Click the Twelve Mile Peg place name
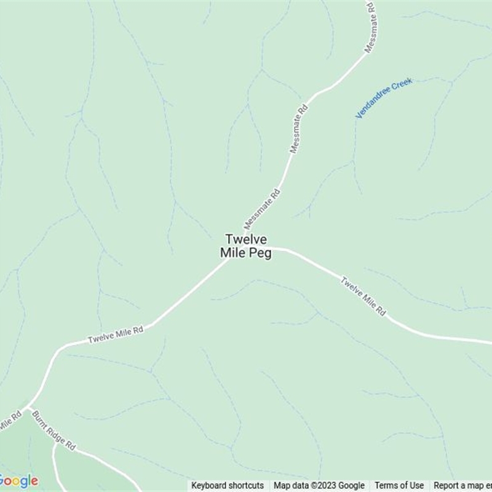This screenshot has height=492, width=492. coord(246,246)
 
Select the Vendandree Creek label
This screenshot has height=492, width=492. coord(384,98)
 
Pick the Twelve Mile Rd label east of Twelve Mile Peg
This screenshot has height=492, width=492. coord(363,297)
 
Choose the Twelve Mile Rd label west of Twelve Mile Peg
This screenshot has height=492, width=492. coord(116,335)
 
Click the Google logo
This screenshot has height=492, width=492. coord(18,480)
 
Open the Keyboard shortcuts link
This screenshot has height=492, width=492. coord(228,485)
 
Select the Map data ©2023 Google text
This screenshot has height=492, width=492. coord(319,485)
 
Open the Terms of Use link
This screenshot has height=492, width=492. coord(399,485)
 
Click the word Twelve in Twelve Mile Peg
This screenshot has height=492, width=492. coord(246,239)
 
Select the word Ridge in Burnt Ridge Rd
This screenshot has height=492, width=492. coord(54,432)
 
